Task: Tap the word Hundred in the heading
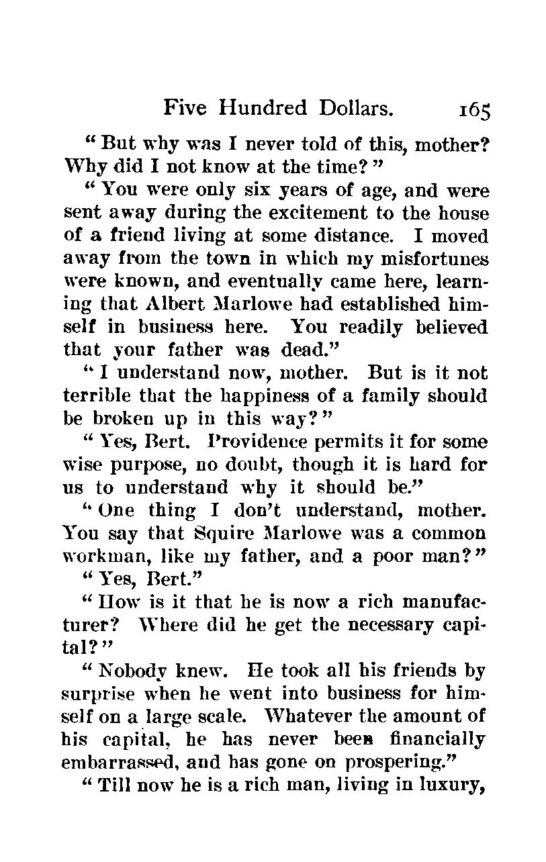point(265,108)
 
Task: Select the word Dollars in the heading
point(351,108)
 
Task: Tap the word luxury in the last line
point(454,786)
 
